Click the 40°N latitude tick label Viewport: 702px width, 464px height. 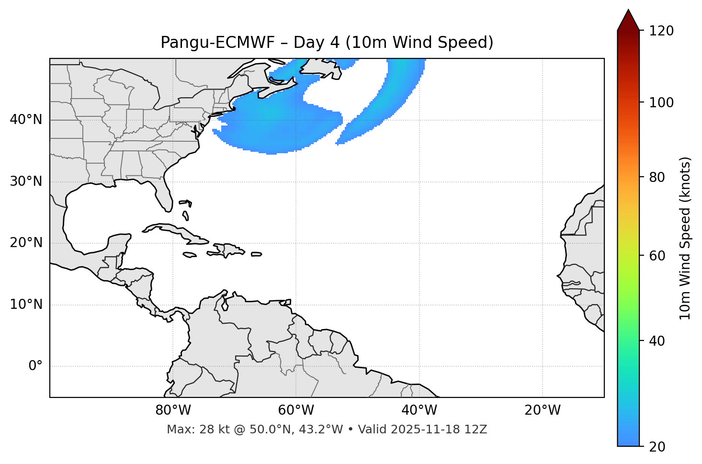(x=26, y=120)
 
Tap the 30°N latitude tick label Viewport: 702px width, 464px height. (x=26, y=181)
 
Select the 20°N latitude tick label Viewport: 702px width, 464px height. (x=26, y=243)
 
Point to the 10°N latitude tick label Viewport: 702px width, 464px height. (x=26, y=305)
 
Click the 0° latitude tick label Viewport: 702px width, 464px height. (x=35, y=366)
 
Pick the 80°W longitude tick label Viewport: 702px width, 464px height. (x=173, y=410)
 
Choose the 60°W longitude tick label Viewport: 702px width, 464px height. (x=296, y=410)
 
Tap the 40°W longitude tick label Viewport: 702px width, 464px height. (x=419, y=410)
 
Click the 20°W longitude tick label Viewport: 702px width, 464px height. (x=543, y=410)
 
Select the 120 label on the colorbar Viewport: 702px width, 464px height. (x=661, y=31)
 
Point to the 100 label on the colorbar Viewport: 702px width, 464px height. (x=661, y=103)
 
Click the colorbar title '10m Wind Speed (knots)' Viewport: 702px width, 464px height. (x=686, y=238)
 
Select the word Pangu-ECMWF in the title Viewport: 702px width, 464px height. (x=217, y=43)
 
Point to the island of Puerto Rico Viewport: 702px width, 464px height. (x=257, y=254)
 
